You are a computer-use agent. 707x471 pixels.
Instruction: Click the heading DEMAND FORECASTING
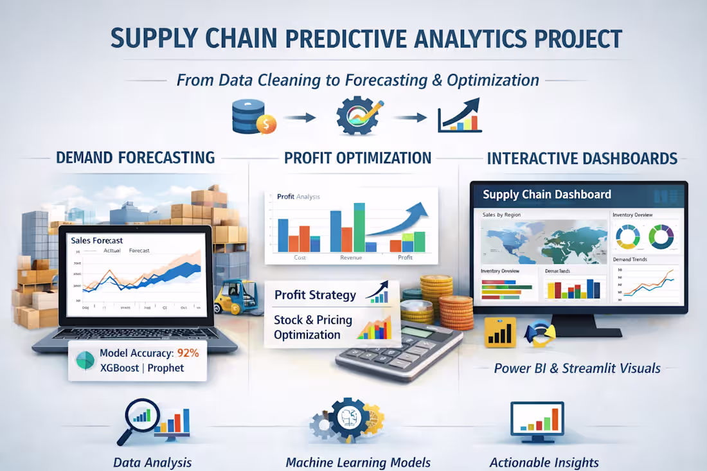(136, 157)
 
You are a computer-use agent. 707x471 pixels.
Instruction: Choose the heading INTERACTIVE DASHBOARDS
(582, 158)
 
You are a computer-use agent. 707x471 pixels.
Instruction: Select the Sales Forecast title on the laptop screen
(97, 240)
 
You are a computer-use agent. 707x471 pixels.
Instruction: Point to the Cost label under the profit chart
(300, 258)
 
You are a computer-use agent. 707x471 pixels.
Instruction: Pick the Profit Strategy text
(315, 295)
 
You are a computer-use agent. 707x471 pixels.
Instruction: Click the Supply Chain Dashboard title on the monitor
(547, 195)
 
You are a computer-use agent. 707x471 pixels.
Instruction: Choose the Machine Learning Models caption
(358, 463)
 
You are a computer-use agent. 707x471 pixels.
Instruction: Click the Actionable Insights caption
(544, 463)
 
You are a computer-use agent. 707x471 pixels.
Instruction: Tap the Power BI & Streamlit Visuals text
(577, 368)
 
